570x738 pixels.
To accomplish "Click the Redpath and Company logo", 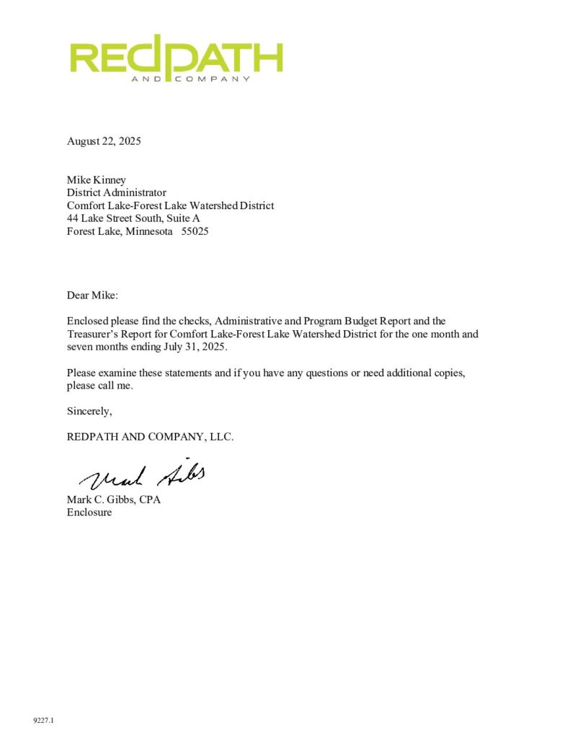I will click(x=177, y=59).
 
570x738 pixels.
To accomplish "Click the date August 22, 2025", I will click(x=104, y=141).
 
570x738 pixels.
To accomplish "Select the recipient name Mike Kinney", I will click(x=97, y=180).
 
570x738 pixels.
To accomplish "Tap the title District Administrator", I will click(x=117, y=193).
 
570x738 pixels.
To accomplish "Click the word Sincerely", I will click(x=89, y=412).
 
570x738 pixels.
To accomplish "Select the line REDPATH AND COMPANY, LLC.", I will click(x=150, y=437).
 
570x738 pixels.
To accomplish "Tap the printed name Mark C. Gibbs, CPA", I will click(x=113, y=500).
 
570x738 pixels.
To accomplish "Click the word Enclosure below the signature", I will click(x=89, y=513).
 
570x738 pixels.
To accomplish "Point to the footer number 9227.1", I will click(x=44, y=720).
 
